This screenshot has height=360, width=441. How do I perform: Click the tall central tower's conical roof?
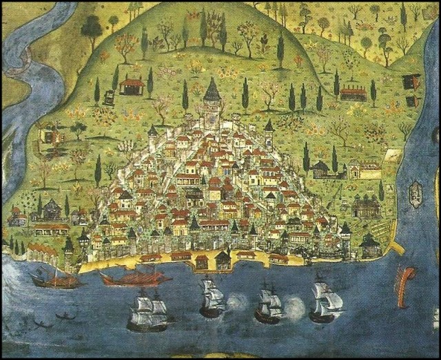pyautogui.click(x=212, y=91)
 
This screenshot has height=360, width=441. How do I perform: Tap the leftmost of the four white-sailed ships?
pyautogui.click(x=148, y=311)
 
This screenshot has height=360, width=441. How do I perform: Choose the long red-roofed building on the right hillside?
pyautogui.click(x=353, y=93)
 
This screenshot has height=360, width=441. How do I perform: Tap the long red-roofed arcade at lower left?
pyautogui.click(x=51, y=228)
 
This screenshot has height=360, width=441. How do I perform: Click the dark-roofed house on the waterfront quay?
pyautogui.click(x=223, y=260)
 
